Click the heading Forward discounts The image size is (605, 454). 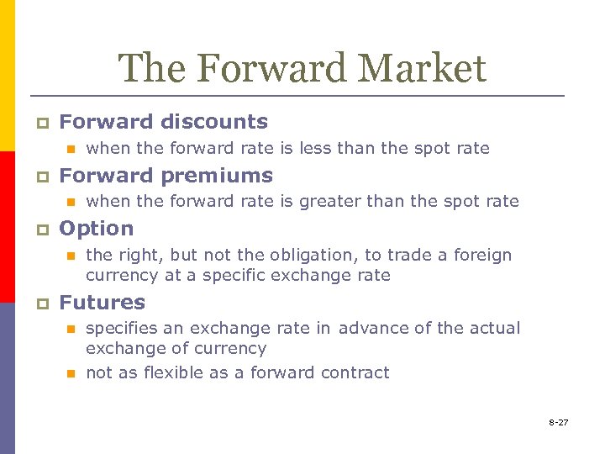click(163, 122)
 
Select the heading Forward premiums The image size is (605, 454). click(166, 176)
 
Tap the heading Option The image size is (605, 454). click(96, 229)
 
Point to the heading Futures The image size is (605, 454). click(102, 303)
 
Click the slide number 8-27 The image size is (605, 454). click(559, 422)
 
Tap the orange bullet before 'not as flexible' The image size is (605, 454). click(71, 373)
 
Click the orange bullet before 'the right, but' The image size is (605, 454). click(71, 256)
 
